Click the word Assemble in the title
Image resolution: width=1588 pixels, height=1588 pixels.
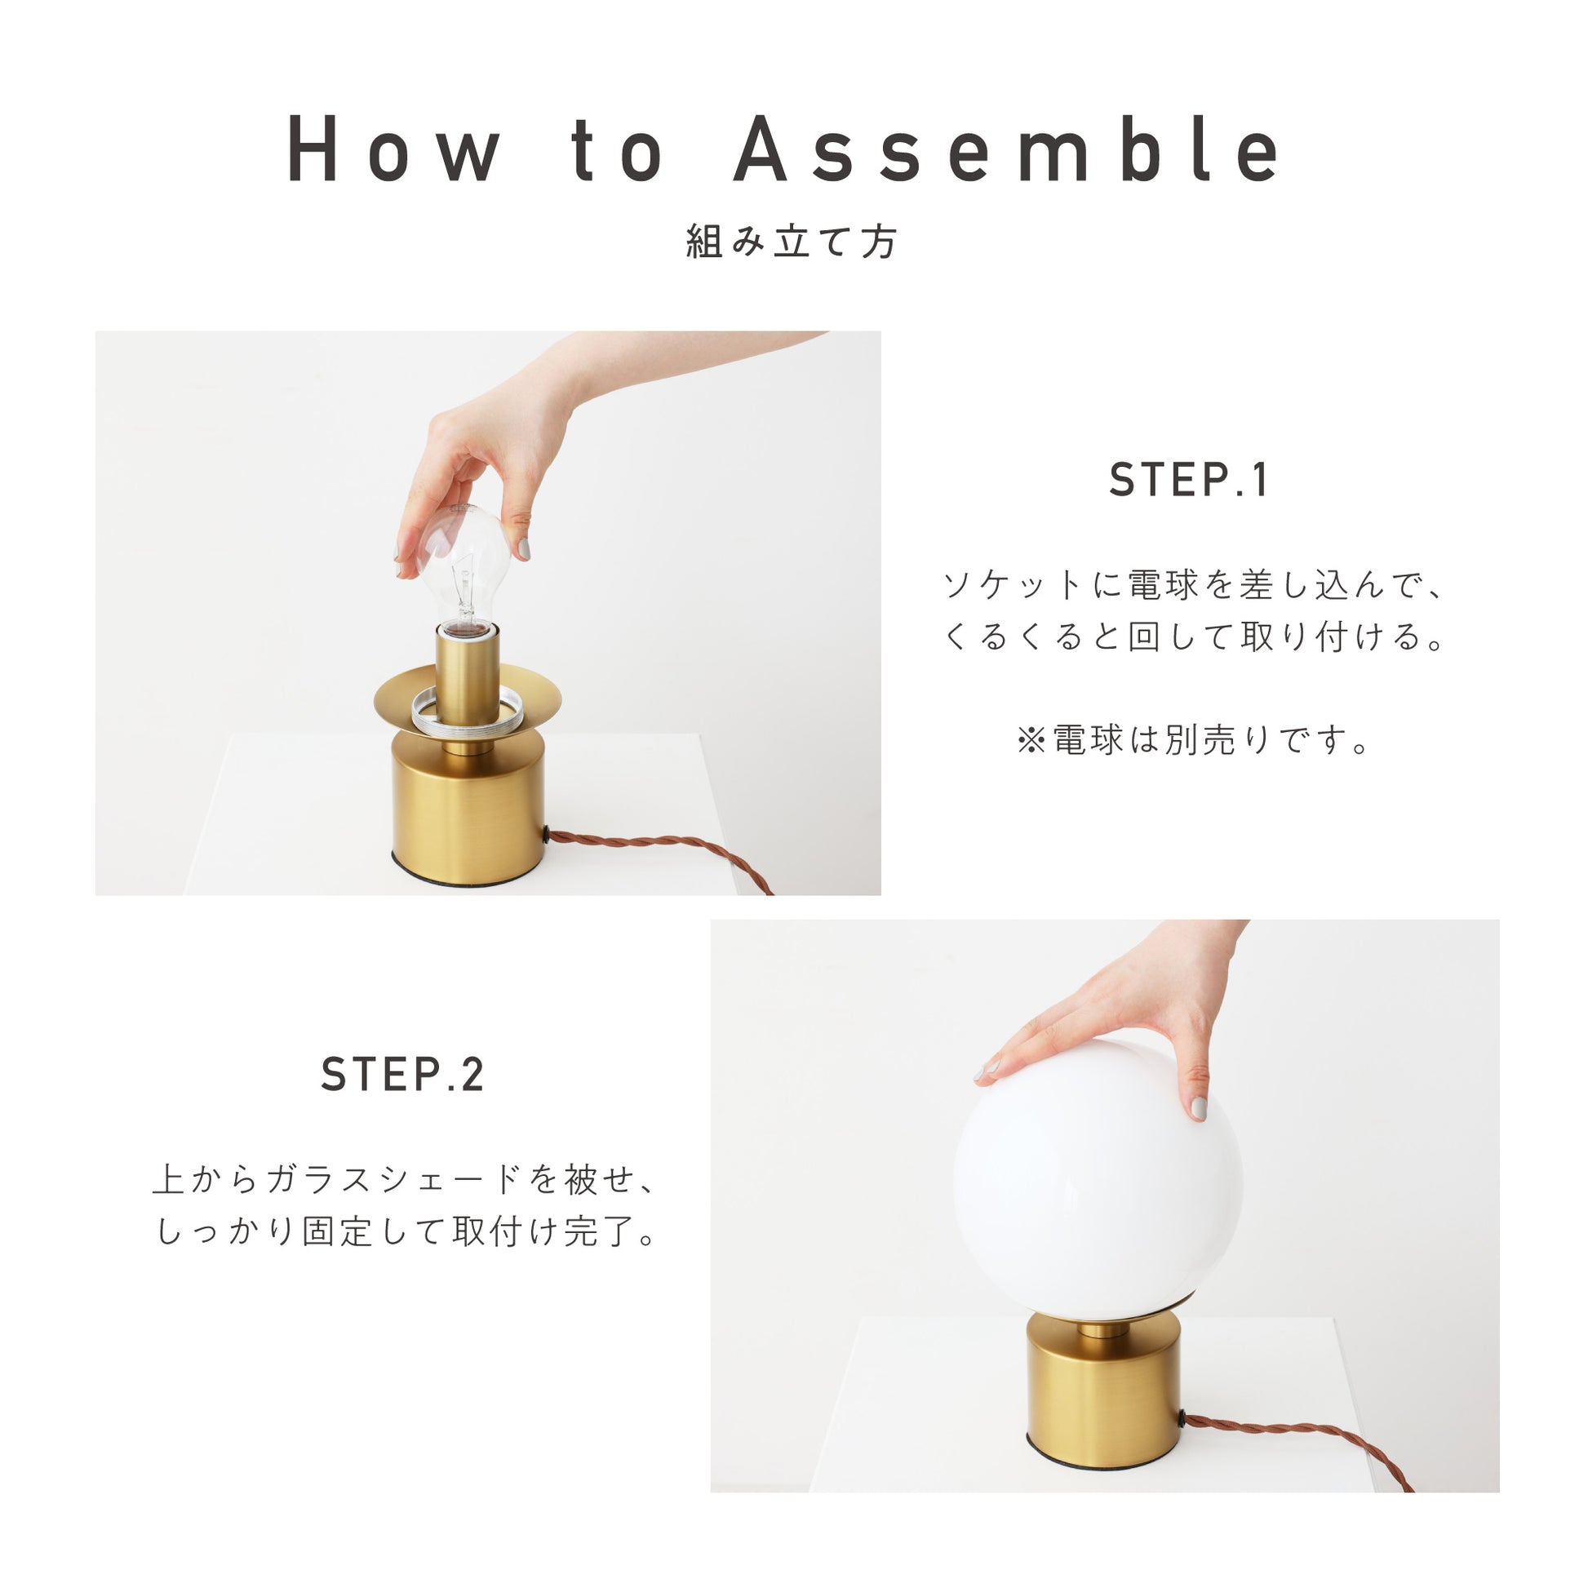(1006, 148)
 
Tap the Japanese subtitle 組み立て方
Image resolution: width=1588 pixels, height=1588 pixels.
(792, 242)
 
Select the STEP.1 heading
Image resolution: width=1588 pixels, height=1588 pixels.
(1188, 480)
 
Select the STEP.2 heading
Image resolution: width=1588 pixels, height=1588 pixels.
(403, 1074)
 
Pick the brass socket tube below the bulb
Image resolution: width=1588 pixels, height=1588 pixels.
(467, 674)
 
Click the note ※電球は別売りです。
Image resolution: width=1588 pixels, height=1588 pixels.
(1194, 740)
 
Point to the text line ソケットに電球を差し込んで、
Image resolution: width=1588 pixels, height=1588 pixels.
(1193, 585)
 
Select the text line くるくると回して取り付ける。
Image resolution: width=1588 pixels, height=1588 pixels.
(1193, 637)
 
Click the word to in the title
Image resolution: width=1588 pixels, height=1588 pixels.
(617, 149)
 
